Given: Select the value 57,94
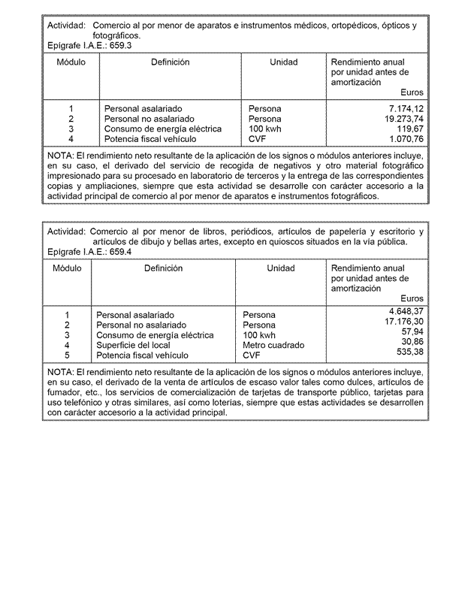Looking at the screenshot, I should tap(413, 331).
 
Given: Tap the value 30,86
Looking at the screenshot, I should tap(413, 341).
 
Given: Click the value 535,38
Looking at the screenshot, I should tap(411, 352).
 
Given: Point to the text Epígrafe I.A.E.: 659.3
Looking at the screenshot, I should tap(89, 46).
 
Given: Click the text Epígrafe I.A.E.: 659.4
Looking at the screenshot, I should tap(89, 252).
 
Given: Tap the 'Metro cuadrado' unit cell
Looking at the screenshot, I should tap(273, 346).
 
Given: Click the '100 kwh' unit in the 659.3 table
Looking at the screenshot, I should tap(264, 129).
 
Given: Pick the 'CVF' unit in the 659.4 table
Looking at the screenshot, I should tap(251, 355).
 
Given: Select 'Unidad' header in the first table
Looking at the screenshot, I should tap(283, 62).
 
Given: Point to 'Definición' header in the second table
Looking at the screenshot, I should tap(163, 268).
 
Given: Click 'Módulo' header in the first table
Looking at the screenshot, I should tap(71, 62).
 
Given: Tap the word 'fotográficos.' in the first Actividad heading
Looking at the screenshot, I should tap(116, 36).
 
